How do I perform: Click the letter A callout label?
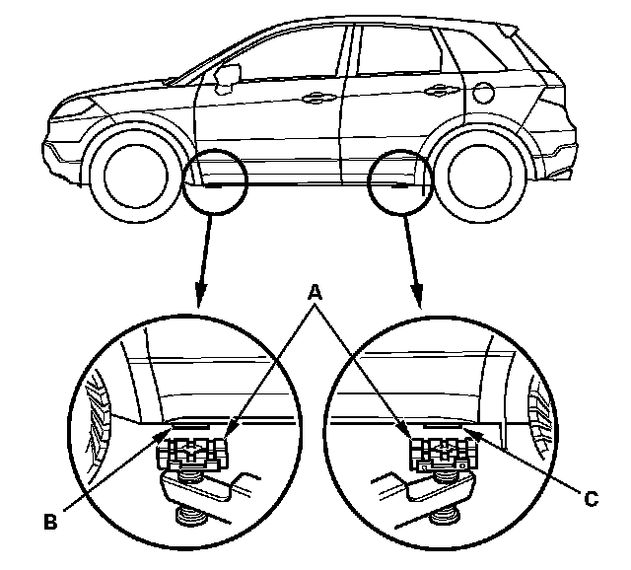315,293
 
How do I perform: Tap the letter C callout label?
589,500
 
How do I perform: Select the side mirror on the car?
229,75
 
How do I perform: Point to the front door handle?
317,97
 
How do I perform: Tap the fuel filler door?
483,95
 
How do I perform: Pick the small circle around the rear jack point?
400,183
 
